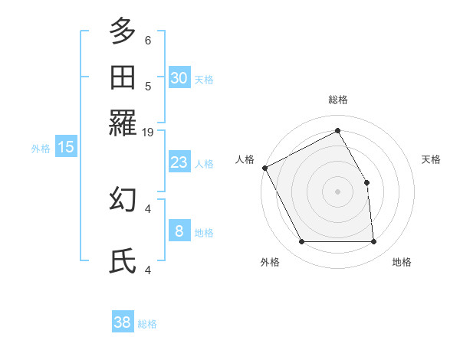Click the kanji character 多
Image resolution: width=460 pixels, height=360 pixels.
click(123, 31)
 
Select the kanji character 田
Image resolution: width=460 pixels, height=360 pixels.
click(123, 77)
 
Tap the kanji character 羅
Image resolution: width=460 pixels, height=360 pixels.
click(123, 123)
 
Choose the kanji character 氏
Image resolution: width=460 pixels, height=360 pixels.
click(123, 262)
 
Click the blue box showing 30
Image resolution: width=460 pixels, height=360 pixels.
click(179, 78)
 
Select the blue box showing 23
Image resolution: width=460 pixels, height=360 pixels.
click(179, 162)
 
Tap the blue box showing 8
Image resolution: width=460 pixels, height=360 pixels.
click(179, 231)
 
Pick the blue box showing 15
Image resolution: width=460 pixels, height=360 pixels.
click(66, 147)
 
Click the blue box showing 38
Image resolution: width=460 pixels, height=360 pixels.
click(123, 322)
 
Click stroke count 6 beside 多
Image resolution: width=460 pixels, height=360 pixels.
click(148, 40)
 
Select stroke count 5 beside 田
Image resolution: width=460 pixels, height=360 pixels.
click(148, 86)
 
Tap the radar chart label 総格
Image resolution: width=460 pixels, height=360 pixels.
click(338, 100)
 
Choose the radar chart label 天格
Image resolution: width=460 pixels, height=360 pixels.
click(431, 159)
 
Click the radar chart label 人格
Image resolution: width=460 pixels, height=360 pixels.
click(245, 159)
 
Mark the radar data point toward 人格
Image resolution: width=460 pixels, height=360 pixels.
click(264, 168)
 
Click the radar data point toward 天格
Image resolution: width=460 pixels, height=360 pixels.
click(366, 183)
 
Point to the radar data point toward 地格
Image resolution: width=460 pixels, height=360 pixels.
click(373, 242)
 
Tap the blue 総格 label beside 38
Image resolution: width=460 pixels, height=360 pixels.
click(147, 324)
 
